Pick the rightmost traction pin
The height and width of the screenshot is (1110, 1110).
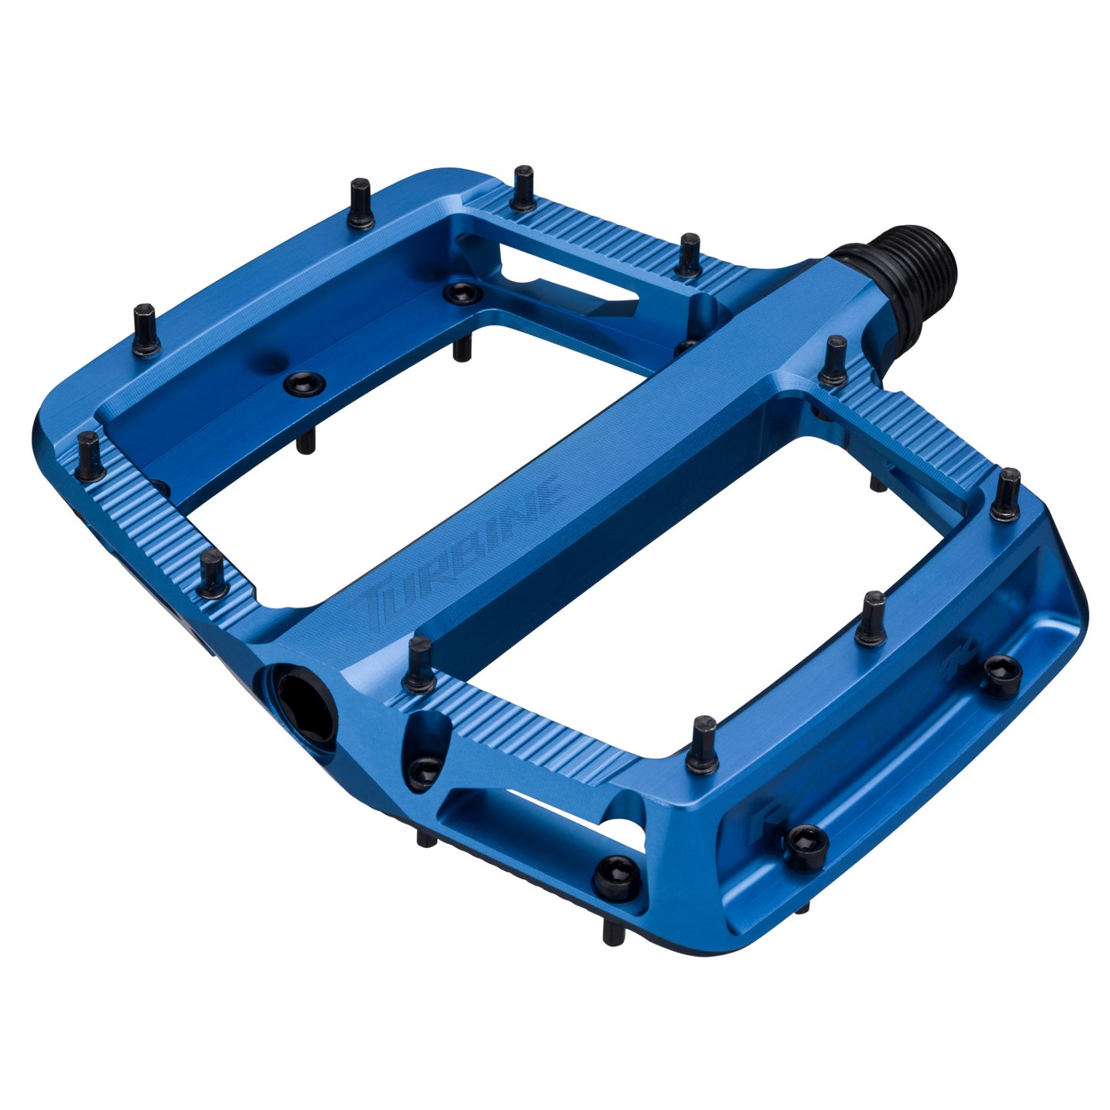1006,493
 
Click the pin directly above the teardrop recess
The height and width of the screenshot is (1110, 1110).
421,664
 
